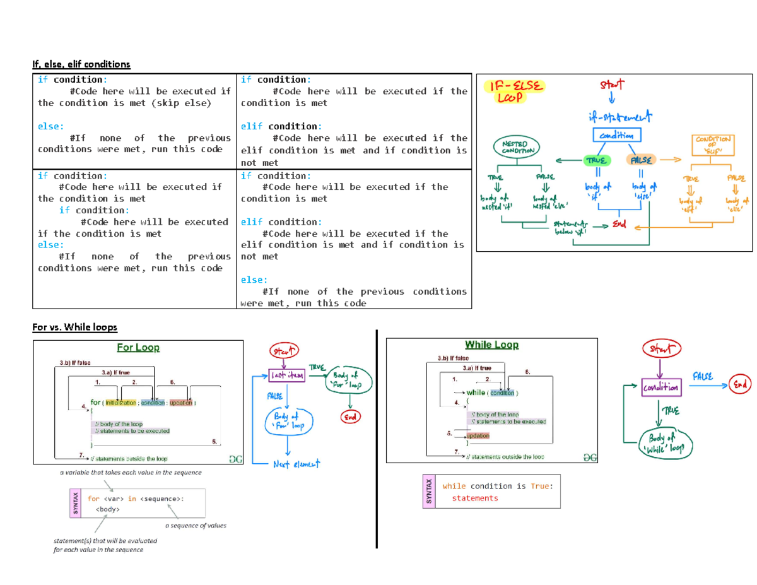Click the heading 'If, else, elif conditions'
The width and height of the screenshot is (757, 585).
[81, 64]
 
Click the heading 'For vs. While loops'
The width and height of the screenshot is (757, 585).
[74, 327]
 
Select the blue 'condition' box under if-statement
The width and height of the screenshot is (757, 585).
[617, 135]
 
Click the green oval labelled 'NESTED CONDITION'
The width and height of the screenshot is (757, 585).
[517, 147]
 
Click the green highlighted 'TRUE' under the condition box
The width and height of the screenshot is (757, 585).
[594, 160]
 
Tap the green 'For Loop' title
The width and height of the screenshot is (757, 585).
[138, 347]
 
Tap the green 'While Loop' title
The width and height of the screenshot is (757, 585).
[491, 345]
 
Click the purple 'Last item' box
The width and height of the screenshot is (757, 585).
[287, 375]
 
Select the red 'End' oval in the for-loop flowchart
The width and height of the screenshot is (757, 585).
[349, 417]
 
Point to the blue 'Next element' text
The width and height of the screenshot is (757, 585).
[296, 464]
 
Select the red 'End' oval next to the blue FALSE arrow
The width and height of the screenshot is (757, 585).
[739, 383]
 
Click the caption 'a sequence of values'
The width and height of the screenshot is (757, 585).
[195, 525]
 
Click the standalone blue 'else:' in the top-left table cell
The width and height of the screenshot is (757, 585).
[50, 126]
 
